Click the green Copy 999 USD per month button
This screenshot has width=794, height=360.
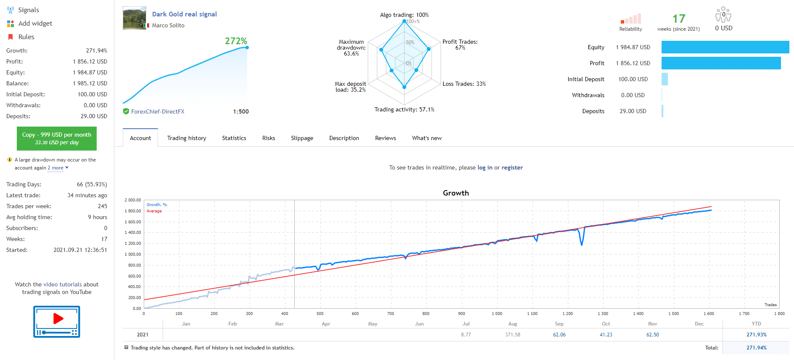[57, 138]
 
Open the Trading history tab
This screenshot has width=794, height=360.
[187, 138]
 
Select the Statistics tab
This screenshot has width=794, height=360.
[234, 138]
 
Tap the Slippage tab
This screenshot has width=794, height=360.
[302, 138]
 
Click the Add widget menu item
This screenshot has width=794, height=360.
[35, 24]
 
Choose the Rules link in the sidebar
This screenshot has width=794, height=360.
[26, 37]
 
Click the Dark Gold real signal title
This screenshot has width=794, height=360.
[185, 14]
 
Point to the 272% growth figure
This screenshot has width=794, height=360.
[236, 41]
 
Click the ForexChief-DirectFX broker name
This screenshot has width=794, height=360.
[158, 111]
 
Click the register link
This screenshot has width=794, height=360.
[512, 167]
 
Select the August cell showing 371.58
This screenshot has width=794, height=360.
[512, 335]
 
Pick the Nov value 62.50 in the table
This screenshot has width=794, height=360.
[652, 335]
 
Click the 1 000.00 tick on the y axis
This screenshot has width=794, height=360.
[133, 254]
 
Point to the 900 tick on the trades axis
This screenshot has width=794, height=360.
[462, 314]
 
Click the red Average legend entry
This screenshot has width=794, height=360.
[154, 211]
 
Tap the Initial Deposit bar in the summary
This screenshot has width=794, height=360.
[665, 79]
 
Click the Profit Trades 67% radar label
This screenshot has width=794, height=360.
[460, 45]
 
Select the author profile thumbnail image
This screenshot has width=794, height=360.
[135, 18]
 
